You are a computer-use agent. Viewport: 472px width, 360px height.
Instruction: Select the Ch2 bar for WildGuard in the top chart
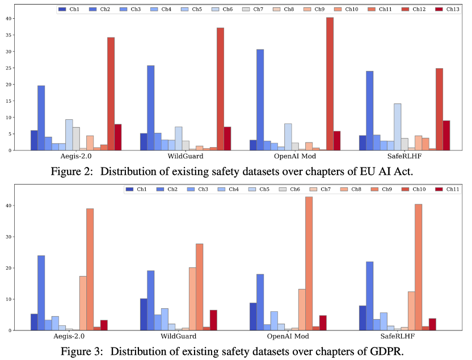pos(151,108)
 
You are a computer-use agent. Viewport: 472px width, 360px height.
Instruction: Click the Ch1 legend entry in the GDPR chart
pos(137,189)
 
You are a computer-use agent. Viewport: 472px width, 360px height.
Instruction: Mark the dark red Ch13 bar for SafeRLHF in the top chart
pos(446,135)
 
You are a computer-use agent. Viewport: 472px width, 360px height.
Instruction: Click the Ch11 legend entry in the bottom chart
pos(444,189)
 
